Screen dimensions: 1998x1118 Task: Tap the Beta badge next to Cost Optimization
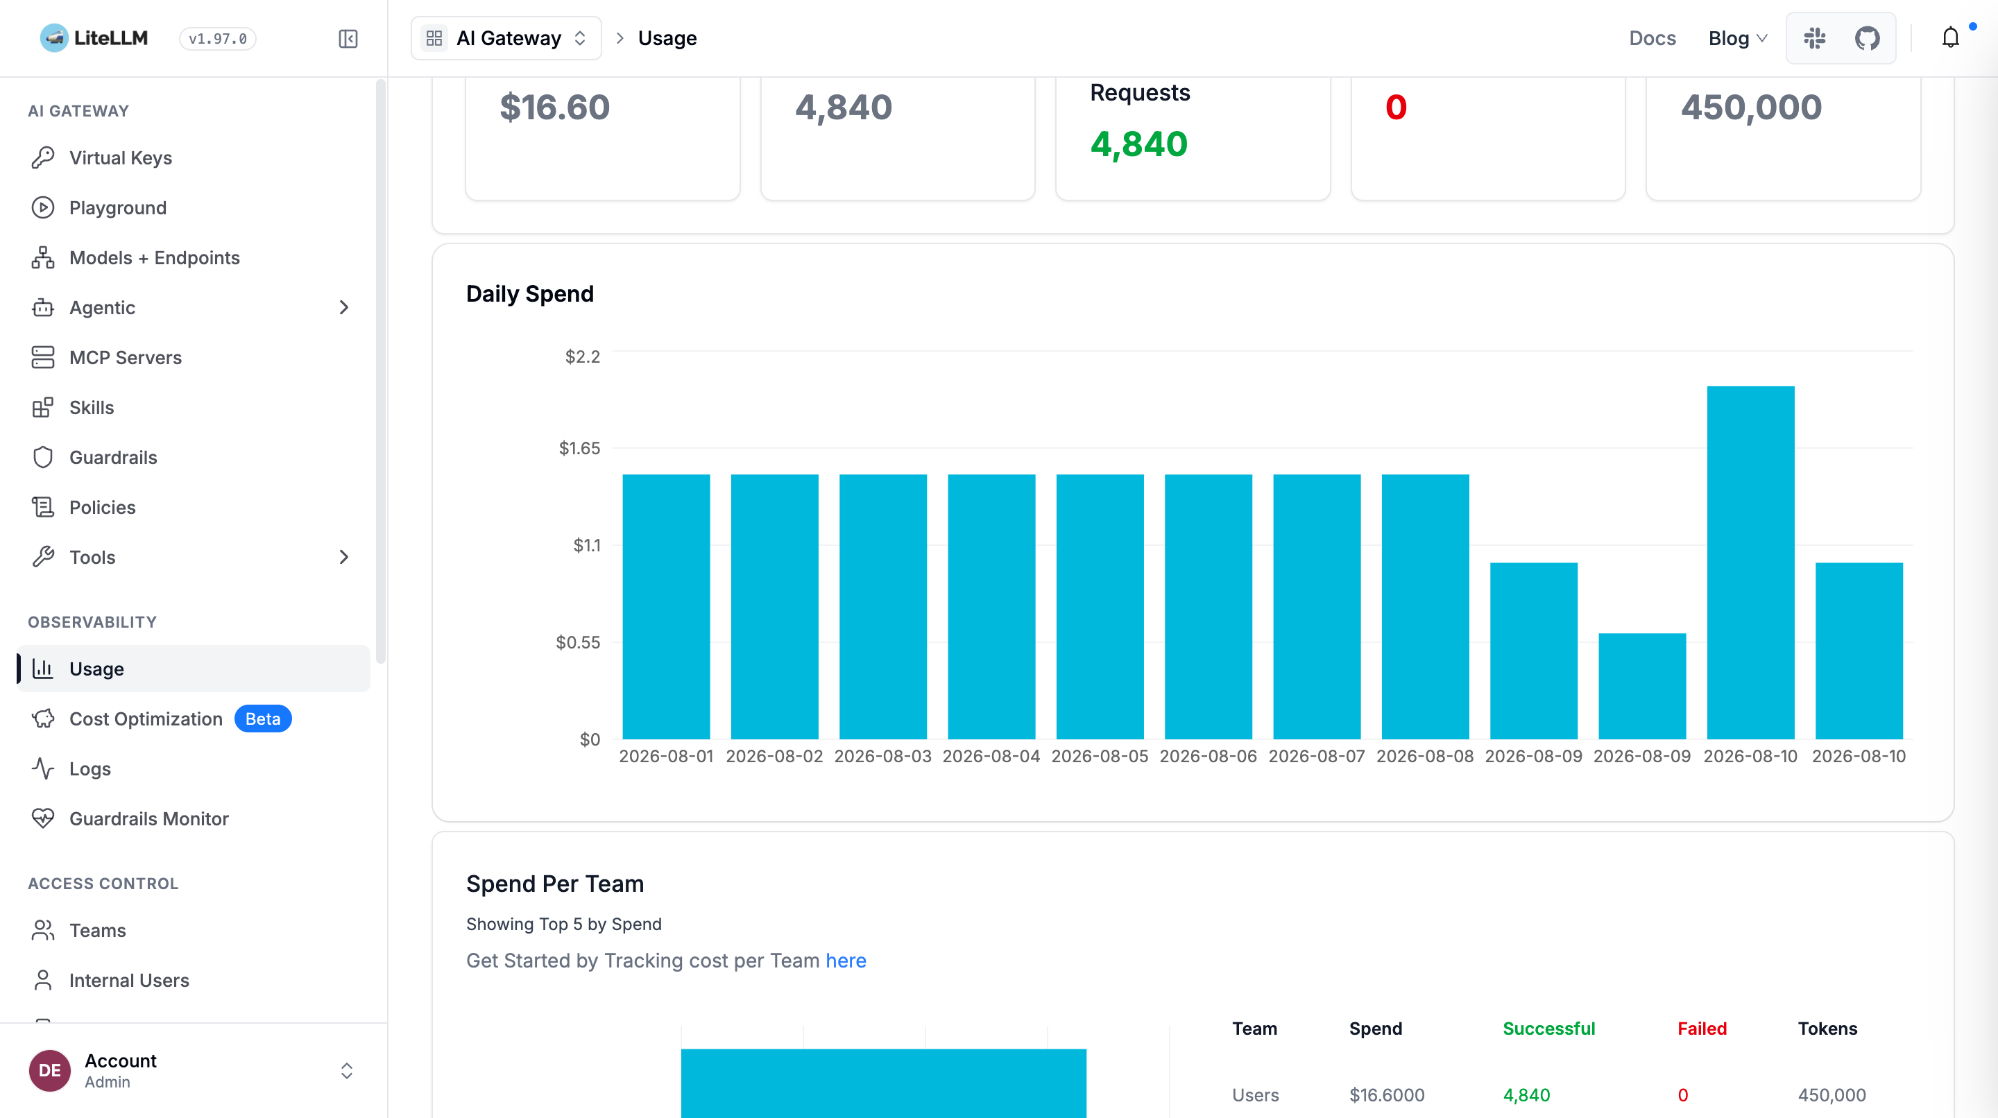[263, 719]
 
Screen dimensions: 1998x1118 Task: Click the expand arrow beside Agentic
[343, 308]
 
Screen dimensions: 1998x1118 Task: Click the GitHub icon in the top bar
[1867, 38]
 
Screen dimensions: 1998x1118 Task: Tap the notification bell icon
[1950, 38]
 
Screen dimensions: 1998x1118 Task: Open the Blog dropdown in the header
[1737, 38]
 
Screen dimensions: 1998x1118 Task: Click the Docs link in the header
[1652, 38]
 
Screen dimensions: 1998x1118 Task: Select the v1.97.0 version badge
[218, 38]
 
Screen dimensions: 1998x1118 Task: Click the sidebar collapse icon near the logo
[348, 39]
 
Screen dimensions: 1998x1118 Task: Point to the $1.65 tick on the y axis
[579, 448]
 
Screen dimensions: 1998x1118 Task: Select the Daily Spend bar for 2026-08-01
[666, 606]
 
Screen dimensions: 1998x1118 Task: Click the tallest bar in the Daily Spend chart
[1750, 562]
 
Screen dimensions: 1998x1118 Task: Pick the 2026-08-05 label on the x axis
[1100, 756]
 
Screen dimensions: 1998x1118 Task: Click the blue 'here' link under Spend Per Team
[846, 961]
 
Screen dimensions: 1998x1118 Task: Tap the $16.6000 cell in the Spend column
[1387, 1094]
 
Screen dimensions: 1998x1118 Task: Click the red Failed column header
[1702, 1029]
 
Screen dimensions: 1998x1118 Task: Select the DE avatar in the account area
[50, 1071]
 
